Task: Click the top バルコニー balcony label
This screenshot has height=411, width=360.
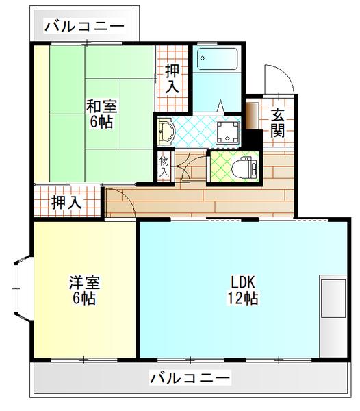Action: click(84, 27)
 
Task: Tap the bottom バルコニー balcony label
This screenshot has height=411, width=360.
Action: click(190, 377)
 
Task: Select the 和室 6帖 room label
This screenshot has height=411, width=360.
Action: click(100, 114)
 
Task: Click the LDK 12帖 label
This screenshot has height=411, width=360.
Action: click(243, 290)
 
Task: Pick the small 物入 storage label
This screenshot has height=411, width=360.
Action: click(164, 166)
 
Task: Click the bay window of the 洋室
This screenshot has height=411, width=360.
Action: click(21, 290)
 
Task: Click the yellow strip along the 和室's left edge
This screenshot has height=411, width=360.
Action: click(42, 114)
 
